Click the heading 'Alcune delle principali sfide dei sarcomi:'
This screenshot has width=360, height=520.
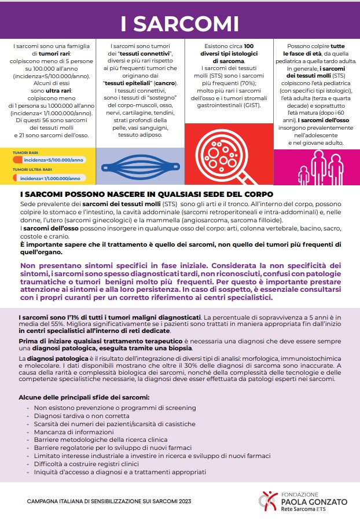pos(84,397)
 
